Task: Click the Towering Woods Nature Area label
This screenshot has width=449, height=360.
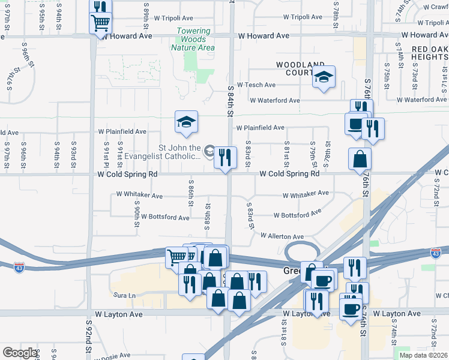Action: (x=194, y=39)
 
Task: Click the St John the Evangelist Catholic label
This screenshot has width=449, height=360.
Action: (x=179, y=152)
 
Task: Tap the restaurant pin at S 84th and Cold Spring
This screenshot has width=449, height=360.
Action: (x=225, y=158)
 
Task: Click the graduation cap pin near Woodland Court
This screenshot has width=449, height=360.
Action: (x=324, y=77)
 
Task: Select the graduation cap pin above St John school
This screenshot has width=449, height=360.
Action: (x=186, y=122)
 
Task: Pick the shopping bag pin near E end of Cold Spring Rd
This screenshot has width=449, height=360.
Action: (x=360, y=159)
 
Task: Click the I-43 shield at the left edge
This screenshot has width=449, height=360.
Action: (x=20, y=265)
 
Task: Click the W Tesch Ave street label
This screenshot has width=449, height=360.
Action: (x=256, y=85)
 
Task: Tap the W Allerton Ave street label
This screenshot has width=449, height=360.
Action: (x=282, y=236)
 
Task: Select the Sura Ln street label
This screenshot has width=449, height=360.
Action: (x=124, y=295)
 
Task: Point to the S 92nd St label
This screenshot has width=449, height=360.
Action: (x=88, y=339)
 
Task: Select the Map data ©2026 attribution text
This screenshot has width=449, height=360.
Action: (x=423, y=355)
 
